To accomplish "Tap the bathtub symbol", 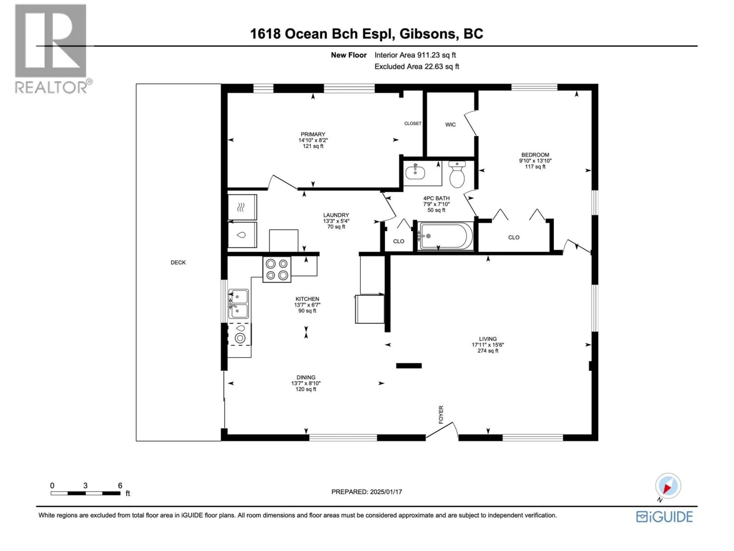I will (x=446, y=236).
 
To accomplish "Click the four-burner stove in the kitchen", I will (x=277, y=269).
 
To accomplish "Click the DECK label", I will (x=178, y=262).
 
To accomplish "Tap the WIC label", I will (x=450, y=125).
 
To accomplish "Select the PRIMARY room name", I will (x=313, y=134).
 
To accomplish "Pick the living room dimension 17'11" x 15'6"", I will (x=488, y=345).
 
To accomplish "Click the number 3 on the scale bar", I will (x=85, y=486).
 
